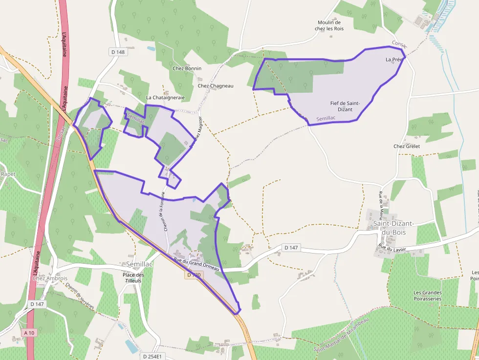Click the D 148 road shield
pyautogui.click(x=118, y=52)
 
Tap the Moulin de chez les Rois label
pyautogui.click(x=329, y=25)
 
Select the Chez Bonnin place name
pyautogui.click(x=187, y=68)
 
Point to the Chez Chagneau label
pyautogui.click(x=216, y=86)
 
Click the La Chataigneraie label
pyautogui.click(x=165, y=98)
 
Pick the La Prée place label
pyautogui.click(x=394, y=60)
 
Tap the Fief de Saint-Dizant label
pyautogui.click(x=345, y=106)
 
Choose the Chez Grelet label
pyautogui.click(x=407, y=146)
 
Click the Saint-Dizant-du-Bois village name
pyautogui.click(x=393, y=227)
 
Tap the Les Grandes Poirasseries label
pyautogui.click(x=427, y=296)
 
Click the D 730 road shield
pyautogui.click(x=194, y=275)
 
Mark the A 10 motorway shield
pyautogui.click(x=29, y=333)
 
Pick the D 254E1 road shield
pyautogui.click(x=152, y=356)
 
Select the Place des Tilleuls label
pyautogui.click(x=133, y=277)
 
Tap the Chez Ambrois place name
pyautogui.click(x=50, y=278)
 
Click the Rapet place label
pyautogui.click(x=8, y=174)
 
